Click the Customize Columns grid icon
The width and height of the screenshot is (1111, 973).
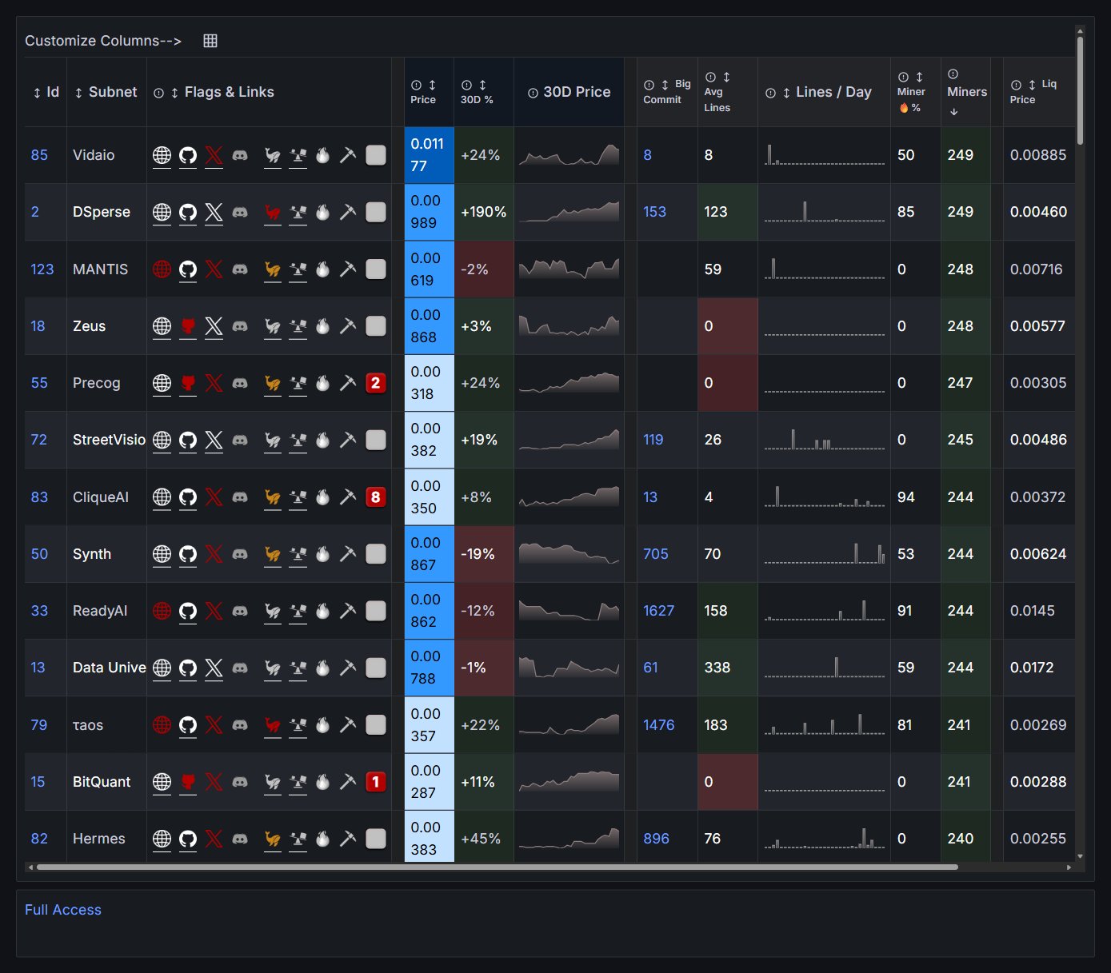(210, 41)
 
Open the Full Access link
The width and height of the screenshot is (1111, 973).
(63, 910)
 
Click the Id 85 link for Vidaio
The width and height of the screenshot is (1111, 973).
(39, 155)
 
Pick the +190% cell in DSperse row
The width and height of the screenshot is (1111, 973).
(483, 212)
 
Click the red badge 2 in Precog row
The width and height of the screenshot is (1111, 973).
(376, 383)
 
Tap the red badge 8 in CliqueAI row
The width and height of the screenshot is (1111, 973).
(376, 497)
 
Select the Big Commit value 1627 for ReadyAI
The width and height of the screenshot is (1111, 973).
(658, 611)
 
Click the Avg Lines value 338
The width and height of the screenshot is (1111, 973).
(717, 668)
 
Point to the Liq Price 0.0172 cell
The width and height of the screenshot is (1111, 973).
(1032, 668)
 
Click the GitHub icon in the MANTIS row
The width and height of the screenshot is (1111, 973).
(188, 269)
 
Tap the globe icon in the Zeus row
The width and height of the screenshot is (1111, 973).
(162, 326)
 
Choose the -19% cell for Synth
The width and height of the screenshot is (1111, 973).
(478, 554)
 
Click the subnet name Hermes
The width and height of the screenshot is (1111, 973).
(99, 839)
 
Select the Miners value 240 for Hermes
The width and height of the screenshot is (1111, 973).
(961, 839)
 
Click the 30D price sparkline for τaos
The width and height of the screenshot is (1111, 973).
(569, 725)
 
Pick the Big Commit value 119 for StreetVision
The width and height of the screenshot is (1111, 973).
(653, 440)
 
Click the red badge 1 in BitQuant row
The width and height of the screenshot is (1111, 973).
(376, 782)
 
